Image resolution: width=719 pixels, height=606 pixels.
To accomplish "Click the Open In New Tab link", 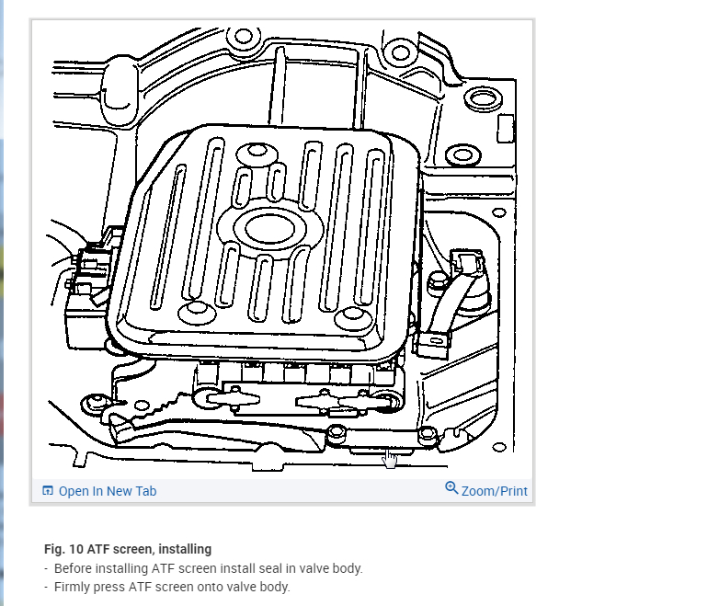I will click(x=107, y=491).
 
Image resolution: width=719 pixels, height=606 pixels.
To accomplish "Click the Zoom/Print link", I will click(x=495, y=491).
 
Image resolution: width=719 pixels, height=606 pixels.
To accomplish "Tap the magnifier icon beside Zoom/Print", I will click(x=451, y=488).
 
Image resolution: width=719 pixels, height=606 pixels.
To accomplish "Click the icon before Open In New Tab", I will click(x=48, y=491).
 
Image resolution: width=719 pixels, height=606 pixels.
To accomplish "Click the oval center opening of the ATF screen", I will click(x=268, y=225).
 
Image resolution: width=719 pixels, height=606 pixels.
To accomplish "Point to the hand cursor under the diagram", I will click(x=390, y=457).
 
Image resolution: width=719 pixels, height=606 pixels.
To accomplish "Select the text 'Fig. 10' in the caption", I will click(x=63, y=549).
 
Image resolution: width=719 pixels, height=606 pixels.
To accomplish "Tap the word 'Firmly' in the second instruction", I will click(x=73, y=587).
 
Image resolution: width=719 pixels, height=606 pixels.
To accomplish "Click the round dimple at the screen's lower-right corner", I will click(x=350, y=316).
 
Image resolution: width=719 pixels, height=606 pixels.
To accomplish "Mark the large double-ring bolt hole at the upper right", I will click(x=479, y=99).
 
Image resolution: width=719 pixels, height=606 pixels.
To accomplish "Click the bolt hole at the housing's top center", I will click(x=243, y=38).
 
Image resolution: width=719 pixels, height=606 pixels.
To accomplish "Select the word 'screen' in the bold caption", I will click(x=141, y=549).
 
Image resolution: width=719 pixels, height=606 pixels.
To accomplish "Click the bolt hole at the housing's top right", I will click(x=396, y=48).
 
